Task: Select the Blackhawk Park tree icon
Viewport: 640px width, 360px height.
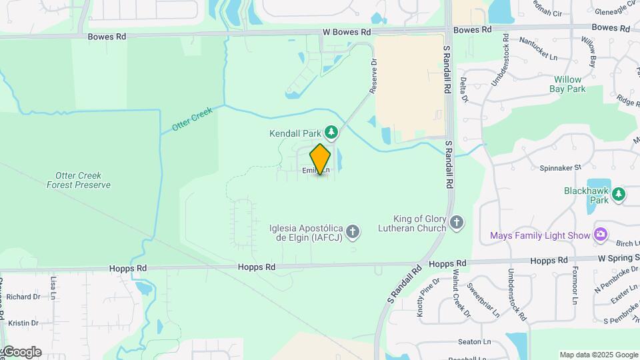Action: pyautogui.click(x=619, y=194)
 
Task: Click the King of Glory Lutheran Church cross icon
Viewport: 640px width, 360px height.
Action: pyautogui.click(x=457, y=223)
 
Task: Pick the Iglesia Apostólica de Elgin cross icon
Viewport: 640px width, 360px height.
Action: pyautogui.click(x=353, y=232)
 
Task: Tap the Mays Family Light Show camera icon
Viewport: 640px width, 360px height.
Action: pyautogui.click(x=601, y=235)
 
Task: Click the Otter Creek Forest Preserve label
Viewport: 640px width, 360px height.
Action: pyautogui.click(x=79, y=180)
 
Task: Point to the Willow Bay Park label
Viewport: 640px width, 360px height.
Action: pyautogui.click(x=569, y=83)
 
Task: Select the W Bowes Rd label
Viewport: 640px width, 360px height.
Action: pyautogui.click(x=346, y=31)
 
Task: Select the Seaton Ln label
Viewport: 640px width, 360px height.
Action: pyautogui.click(x=475, y=342)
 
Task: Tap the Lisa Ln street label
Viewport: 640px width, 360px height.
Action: pyautogui.click(x=52, y=287)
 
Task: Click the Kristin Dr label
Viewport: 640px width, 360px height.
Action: pyautogui.click(x=23, y=323)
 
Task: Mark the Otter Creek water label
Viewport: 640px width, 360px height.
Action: pyautogui.click(x=192, y=119)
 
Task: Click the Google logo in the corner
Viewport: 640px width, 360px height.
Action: pyautogui.click(x=21, y=352)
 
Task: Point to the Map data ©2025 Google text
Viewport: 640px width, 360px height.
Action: pyautogui.click(x=598, y=355)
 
